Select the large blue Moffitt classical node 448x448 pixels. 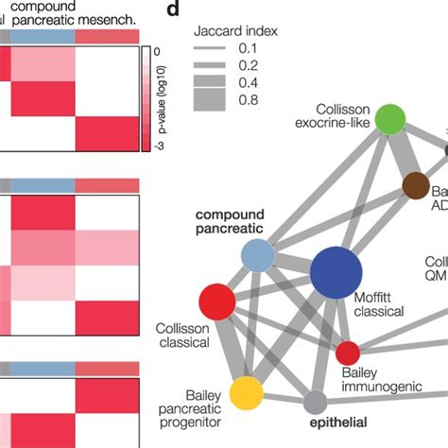(336, 273)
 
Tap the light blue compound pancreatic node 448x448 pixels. (257, 254)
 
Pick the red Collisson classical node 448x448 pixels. (216, 302)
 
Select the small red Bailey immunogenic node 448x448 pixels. (348, 353)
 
